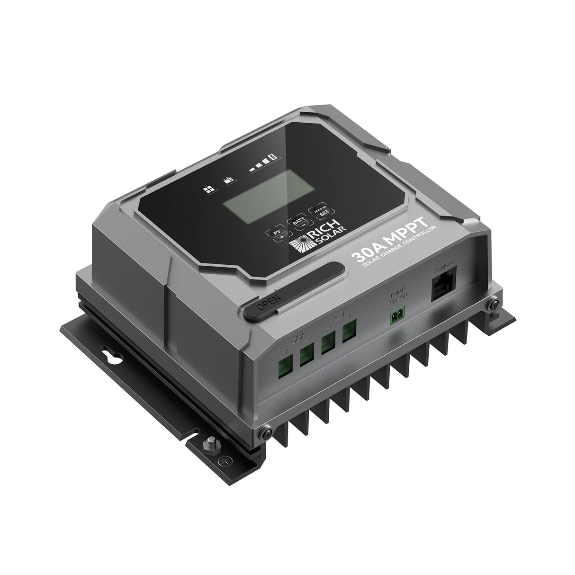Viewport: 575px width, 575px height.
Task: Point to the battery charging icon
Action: pyautogui.click(x=229, y=180)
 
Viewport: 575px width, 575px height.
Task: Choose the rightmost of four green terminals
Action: pyautogui.click(x=350, y=330)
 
